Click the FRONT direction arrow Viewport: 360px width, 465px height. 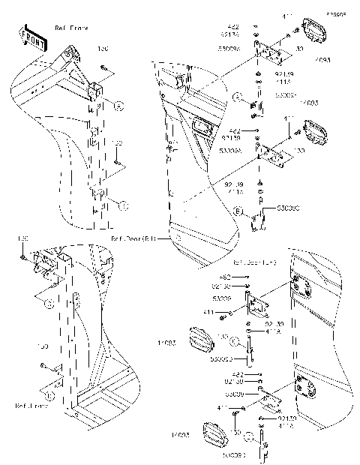pyautogui.click(x=31, y=37)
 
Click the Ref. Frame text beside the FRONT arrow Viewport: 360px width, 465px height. pyautogui.click(x=72, y=28)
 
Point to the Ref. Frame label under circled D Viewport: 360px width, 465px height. pyautogui.click(x=31, y=405)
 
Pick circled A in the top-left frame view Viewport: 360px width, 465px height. pyautogui.click(x=118, y=106)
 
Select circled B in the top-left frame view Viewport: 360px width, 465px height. pyautogui.click(x=124, y=205)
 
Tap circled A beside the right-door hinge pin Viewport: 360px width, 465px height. pyautogui.click(x=236, y=97)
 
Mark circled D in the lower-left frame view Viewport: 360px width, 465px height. pyautogui.click(x=49, y=391)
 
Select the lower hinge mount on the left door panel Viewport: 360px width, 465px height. pyautogui.click(x=307, y=387)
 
